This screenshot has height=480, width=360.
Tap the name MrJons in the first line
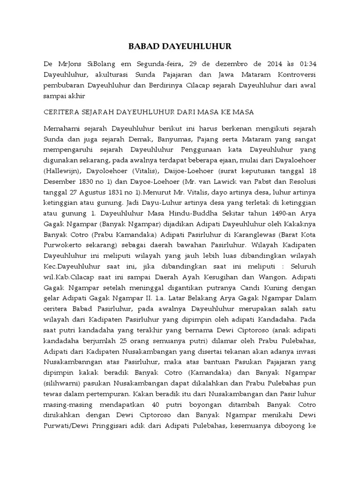[x=66, y=63]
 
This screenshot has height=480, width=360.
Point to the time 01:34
[x=307, y=63]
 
